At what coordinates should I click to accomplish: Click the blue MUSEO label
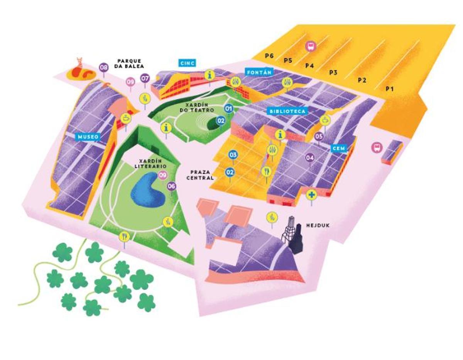[89, 136]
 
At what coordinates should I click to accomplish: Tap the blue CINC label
[187, 63]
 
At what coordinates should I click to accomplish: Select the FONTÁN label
[259, 72]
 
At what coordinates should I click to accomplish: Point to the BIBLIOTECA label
[287, 111]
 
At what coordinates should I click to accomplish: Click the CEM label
[339, 148]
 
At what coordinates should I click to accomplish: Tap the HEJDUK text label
[318, 225]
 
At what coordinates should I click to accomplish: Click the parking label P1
[390, 89]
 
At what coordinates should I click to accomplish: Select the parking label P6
[269, 56]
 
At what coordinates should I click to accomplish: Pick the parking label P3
[333, 72]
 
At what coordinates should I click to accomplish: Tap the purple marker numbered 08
[103, 68]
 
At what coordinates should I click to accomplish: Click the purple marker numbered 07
[145, 78]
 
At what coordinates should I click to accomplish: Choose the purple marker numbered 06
[172, 186]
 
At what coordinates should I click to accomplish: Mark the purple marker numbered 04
[310, 157]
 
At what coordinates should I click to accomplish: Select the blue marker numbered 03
[233, 155]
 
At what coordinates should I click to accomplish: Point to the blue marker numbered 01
[229, 108]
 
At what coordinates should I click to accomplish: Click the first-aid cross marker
[311, 194]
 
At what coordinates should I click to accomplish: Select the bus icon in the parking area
[310, 47]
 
